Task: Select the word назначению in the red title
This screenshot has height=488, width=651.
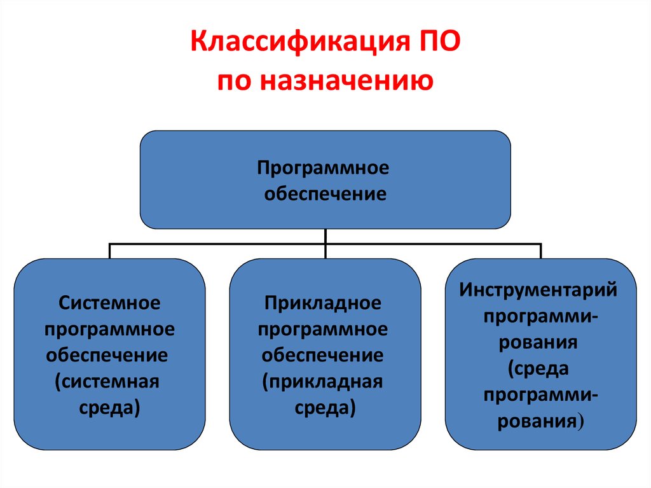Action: [347, 80]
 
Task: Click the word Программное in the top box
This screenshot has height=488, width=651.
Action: [323, 169]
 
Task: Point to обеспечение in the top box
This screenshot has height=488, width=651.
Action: [325, 193]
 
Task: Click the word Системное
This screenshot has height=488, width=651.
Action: [109, 303]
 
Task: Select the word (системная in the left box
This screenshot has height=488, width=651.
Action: [107, 382]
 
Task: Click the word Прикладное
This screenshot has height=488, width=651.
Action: [322, 303]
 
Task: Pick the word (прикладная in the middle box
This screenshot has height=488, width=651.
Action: [322, 382]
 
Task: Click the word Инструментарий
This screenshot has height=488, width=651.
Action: [538, 290]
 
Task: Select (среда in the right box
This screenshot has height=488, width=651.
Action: [538, 369]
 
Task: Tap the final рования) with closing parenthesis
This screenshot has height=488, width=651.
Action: [540, 421]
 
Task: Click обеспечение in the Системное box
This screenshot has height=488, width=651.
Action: [107, 356]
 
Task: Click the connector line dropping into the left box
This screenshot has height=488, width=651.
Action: [109, 251]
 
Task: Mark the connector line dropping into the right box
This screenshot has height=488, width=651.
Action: [540, 251]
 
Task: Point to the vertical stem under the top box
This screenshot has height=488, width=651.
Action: [325, 244]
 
